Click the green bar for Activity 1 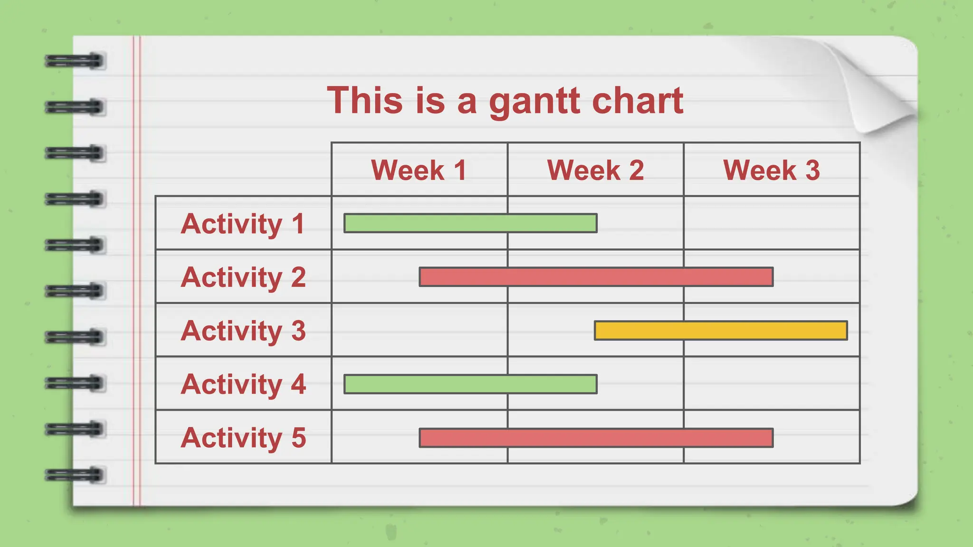click(470, 223)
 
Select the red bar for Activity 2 click(596, 277)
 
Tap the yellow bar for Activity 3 click(721, 330)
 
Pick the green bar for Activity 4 click(470, 384)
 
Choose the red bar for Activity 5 click(596, 438)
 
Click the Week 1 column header click(419, 170)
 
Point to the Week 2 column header click(595, 170)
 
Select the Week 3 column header click(772, 170)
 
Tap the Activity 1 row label click(243, 224)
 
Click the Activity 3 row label click(243, 331)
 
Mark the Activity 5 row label click(243, 438)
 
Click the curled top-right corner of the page click(879, 90)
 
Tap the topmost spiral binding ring click(75, 61)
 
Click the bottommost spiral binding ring click(75, 475)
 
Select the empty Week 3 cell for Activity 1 click(772, 223)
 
